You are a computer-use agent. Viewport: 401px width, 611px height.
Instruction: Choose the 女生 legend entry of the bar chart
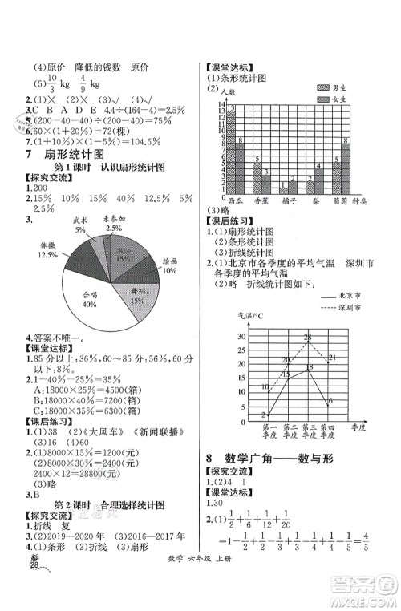point(331,99)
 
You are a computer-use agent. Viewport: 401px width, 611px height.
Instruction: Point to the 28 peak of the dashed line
point(306,335)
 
